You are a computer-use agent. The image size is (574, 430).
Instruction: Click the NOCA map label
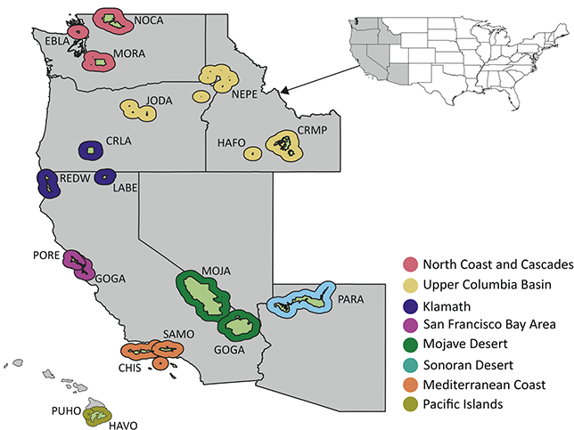149,20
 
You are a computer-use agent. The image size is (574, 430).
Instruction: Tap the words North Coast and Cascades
497,264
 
